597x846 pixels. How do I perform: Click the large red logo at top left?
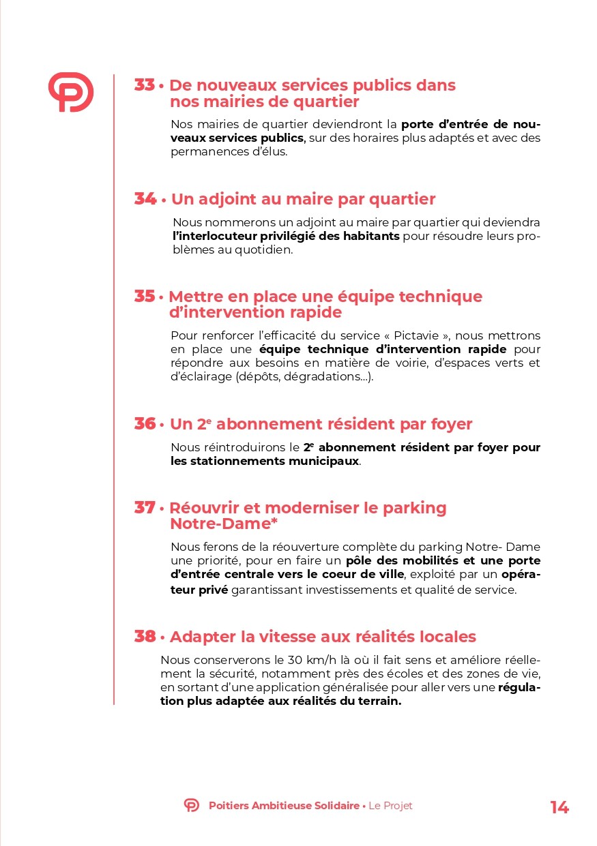[70, 92]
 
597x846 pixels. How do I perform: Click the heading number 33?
[145, 85]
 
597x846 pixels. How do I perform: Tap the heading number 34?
[145, 199]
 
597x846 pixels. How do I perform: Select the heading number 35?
[145, 297]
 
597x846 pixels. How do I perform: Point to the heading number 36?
[145, 423]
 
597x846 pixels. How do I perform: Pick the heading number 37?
[145, 508]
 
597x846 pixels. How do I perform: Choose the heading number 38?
[145, 637]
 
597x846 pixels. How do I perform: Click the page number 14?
[559, 808]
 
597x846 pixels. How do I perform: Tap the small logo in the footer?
[192, 805]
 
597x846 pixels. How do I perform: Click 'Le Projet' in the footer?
[390, 806]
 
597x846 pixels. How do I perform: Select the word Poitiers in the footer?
[229, 806]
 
